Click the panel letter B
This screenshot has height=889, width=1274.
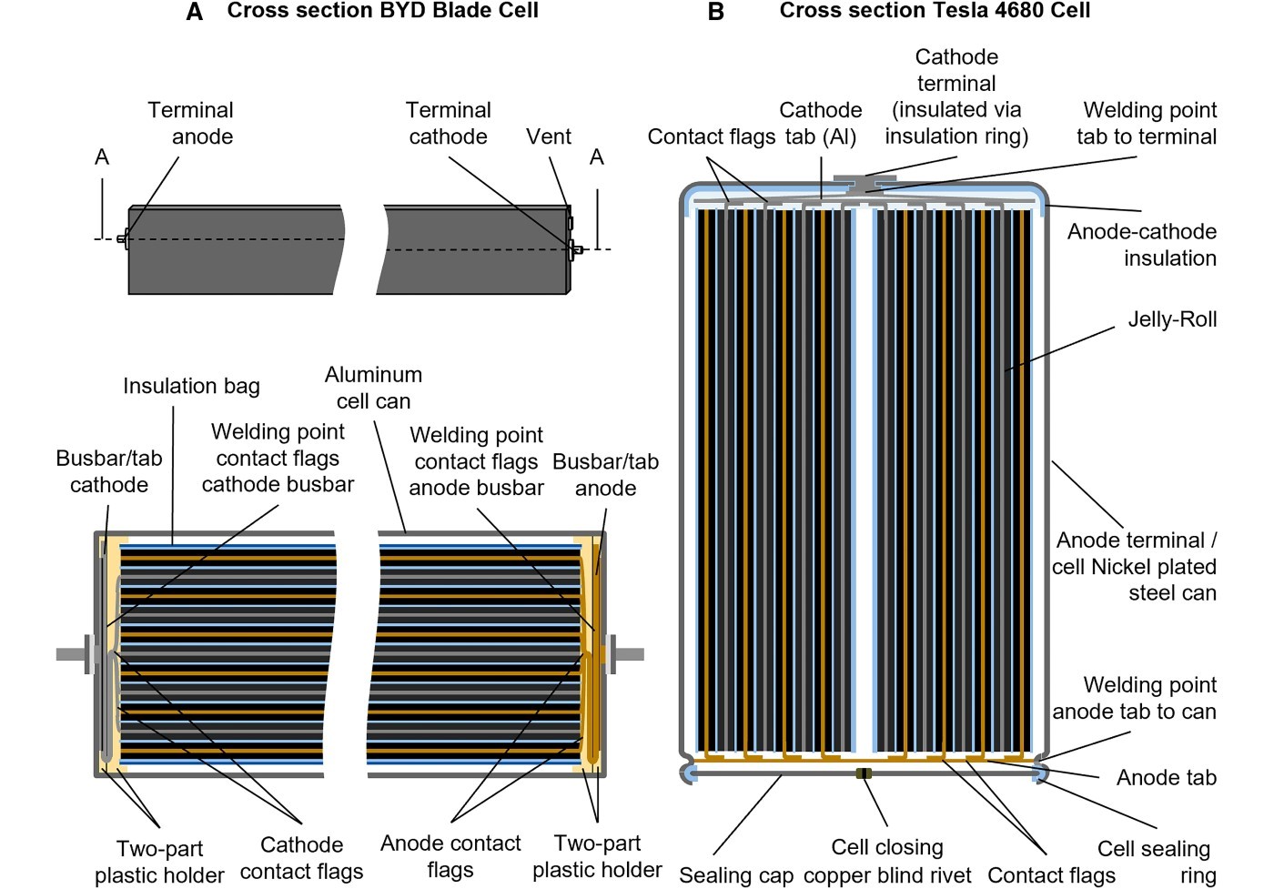click(x=716, y=12)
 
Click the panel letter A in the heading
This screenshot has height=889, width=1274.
click(x=194, y=12)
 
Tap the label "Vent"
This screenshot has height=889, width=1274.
click(x=549, y=136)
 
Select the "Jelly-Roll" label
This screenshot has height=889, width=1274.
click(x=1172, y=319)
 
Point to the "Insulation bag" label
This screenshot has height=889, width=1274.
click(x=191, y=386)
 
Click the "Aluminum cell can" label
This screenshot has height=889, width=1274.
click(x=373, y=388)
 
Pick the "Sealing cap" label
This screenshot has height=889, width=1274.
click(x=736, y=874)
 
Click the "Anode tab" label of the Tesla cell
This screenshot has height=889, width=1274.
click(x=1166, y=777)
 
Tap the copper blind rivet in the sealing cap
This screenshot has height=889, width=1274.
click(x=864, y=773)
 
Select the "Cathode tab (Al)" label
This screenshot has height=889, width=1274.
click(x=820, y=124)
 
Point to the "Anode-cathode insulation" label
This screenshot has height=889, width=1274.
click(x=1141, y=245)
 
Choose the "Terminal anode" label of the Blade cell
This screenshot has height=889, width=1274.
click(x=191, y=124)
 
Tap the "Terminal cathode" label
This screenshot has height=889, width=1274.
click(x=448, y=124)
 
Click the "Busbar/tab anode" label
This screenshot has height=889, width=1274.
click(x=605, y=475)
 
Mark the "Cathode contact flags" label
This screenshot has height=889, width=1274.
click(x=301, y=858)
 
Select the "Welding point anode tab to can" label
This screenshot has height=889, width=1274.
click(x=1135, y=698)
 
